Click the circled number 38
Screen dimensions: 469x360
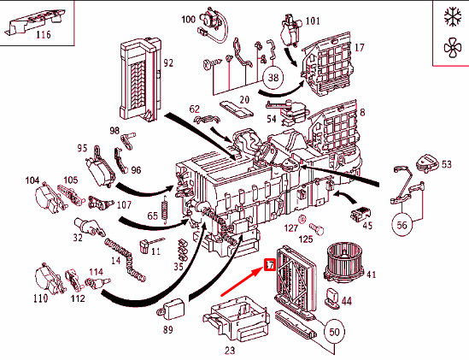273,78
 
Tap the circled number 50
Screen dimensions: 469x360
334,332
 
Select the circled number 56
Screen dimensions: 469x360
402,225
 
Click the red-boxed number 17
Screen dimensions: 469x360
269,265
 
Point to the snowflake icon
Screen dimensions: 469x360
452,17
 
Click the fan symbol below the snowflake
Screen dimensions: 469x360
453,48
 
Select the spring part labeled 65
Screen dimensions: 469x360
165,209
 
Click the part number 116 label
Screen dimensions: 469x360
44,35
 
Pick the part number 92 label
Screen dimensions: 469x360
168,63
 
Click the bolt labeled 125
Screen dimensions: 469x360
316,228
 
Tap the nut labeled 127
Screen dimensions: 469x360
302,220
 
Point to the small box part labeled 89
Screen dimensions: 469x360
171,309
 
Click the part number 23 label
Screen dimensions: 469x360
230,350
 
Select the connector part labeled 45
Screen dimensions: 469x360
361,214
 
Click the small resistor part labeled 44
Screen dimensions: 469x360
331,298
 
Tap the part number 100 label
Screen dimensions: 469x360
189,20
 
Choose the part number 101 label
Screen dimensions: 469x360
313,21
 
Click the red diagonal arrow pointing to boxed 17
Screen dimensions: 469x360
241,282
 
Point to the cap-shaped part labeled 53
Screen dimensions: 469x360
426,163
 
